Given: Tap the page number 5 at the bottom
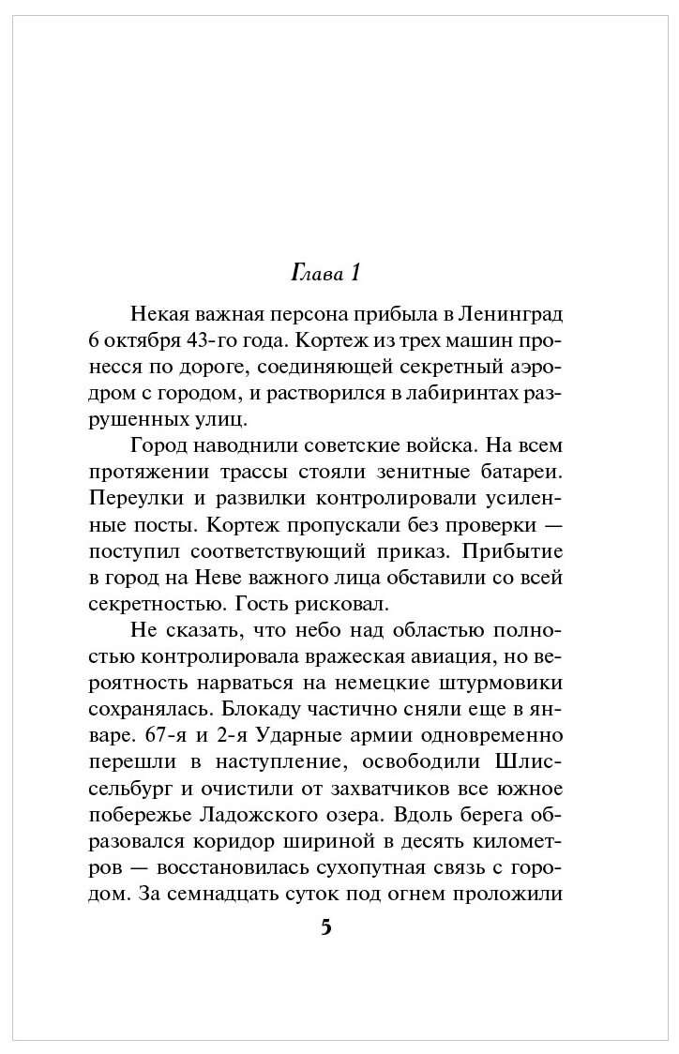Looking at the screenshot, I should pyautogui.click(x=326, y=927).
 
